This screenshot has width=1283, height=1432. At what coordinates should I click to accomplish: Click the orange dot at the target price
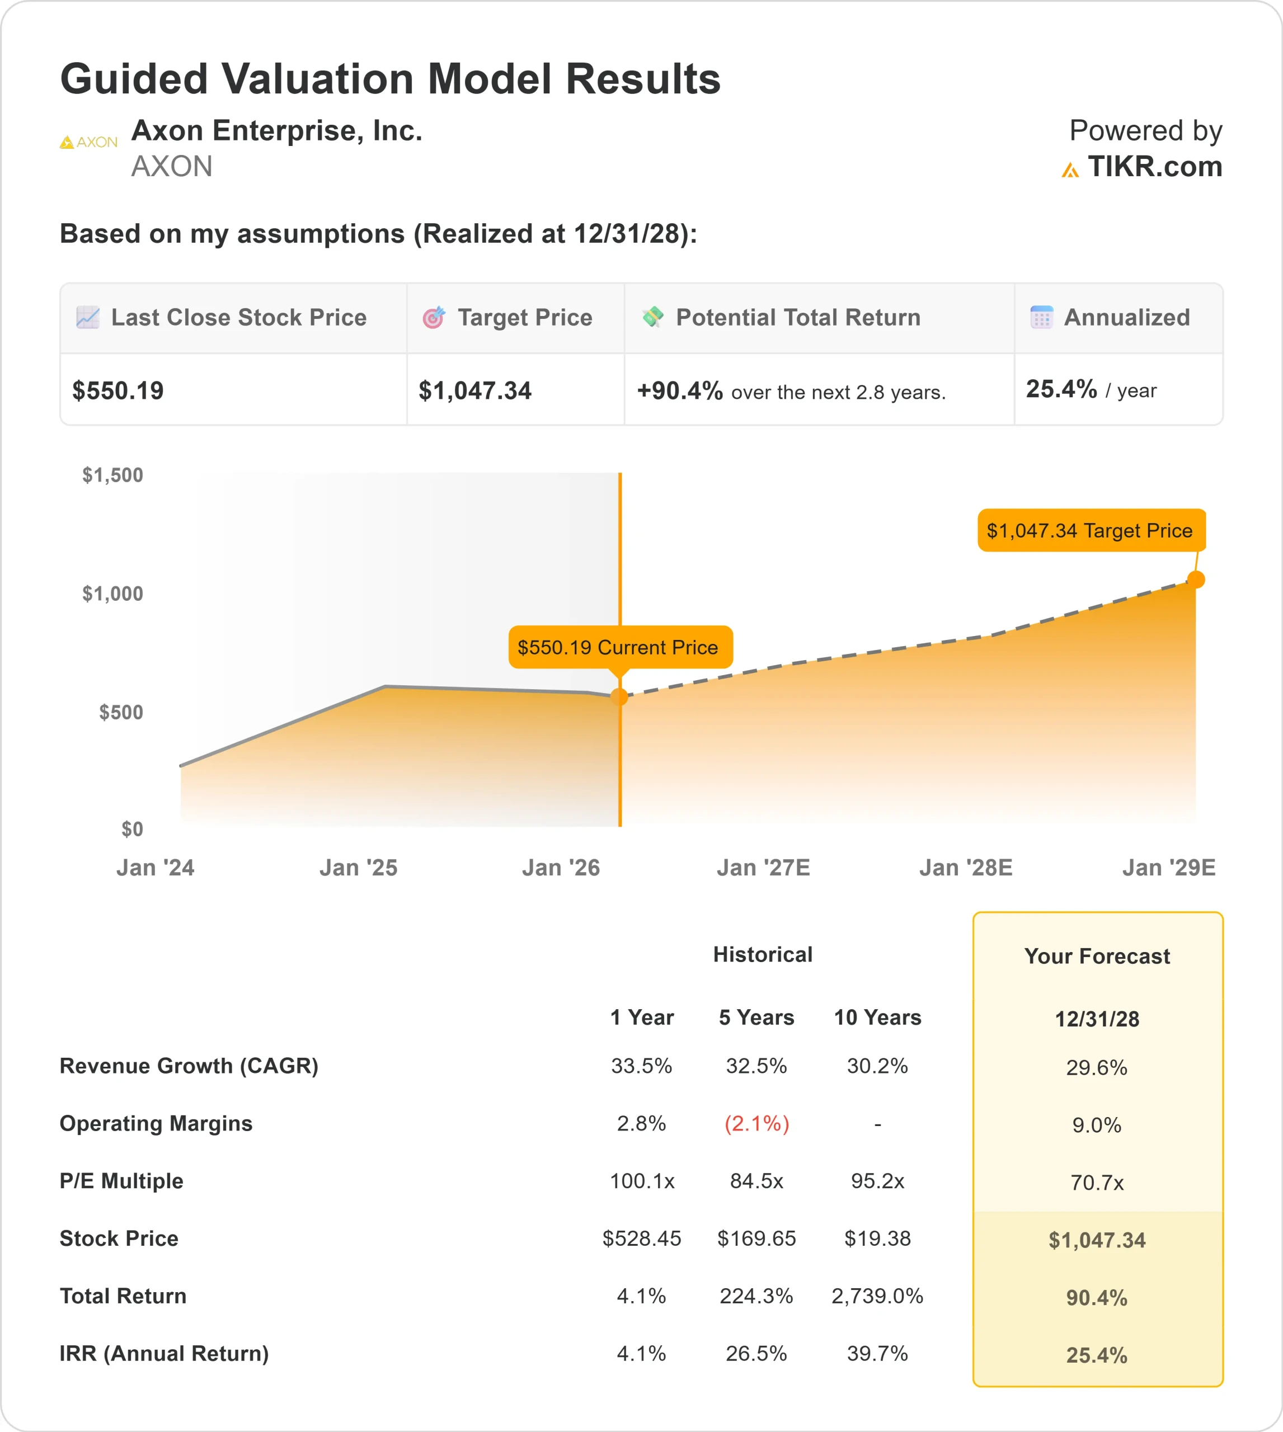(x=1196, y=580)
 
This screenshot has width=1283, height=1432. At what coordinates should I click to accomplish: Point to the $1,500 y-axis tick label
(x=113, y=475)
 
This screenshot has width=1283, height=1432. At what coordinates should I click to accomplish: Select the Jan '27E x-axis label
(x=763, y=868)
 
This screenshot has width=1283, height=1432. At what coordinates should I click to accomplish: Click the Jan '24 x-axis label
(x=155, y=868)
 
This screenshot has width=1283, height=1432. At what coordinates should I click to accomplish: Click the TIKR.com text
(x=1154, y=167)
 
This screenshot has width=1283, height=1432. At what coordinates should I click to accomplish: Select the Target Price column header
(x=524, y=318)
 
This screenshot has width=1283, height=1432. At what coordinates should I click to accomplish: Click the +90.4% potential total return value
(x=680, y=390)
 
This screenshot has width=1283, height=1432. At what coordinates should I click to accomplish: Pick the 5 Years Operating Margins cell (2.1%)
(x=756, y=1123)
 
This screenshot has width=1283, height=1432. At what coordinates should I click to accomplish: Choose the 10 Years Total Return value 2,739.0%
(x=877, y=1296)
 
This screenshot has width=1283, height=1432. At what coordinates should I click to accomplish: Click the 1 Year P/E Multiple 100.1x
(x=641, y=1180)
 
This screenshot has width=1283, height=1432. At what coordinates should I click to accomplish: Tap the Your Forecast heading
(x=1097, y=957)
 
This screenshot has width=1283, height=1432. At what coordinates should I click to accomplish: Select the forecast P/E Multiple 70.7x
(x=1097, y=1183)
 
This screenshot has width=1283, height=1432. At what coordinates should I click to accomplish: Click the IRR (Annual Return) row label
(x=165, y=1353)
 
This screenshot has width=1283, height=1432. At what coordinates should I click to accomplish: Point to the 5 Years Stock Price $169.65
(x=756, y=1238)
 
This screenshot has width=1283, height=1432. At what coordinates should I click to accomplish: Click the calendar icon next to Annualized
(x=1041, y=317)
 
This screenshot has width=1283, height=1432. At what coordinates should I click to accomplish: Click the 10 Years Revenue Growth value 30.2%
(x=877, y=1066)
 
